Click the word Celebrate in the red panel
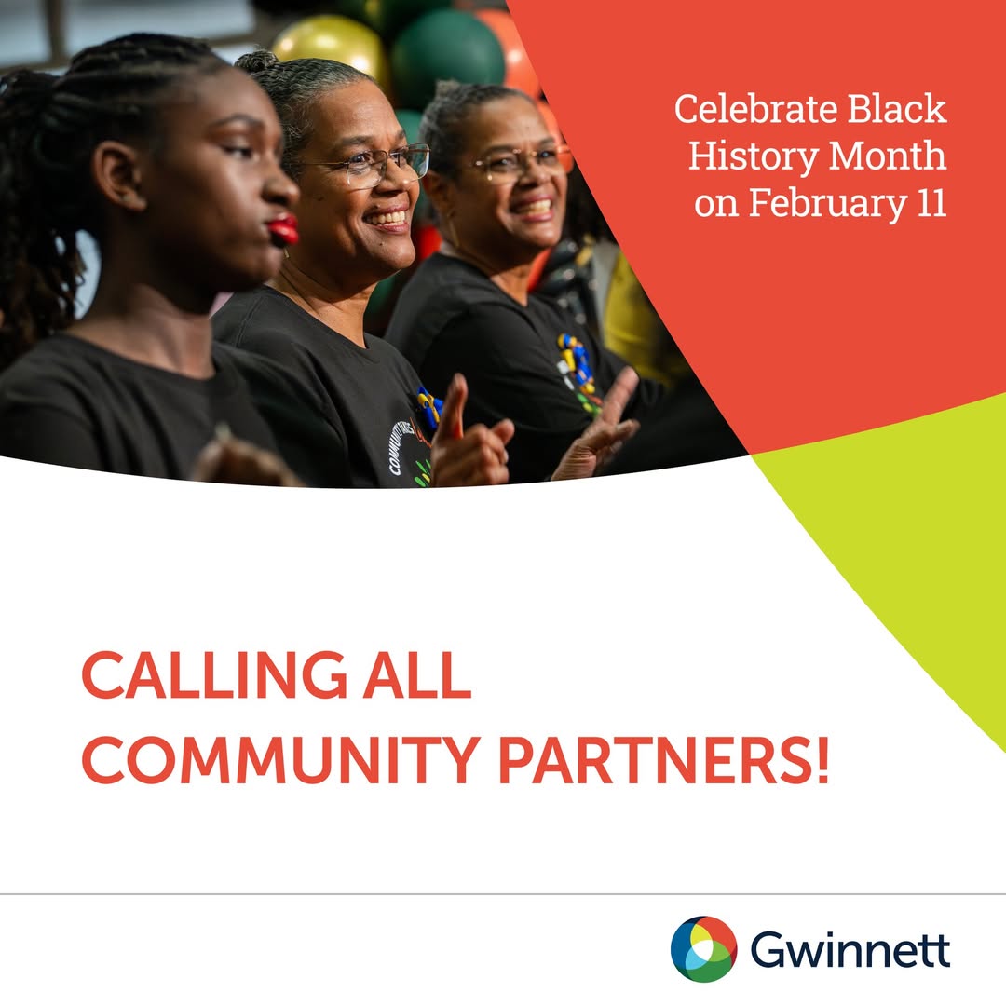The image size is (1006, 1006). click(746, 110)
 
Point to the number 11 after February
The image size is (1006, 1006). click(928, 204)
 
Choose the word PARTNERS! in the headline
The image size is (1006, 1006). click(662, 759)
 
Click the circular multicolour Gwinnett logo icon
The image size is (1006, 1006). click(703, 949)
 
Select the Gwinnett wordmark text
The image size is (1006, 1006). click(850, 951)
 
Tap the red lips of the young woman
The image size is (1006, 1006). click(283, 229)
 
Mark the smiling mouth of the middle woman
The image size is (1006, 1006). click(387, 220)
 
